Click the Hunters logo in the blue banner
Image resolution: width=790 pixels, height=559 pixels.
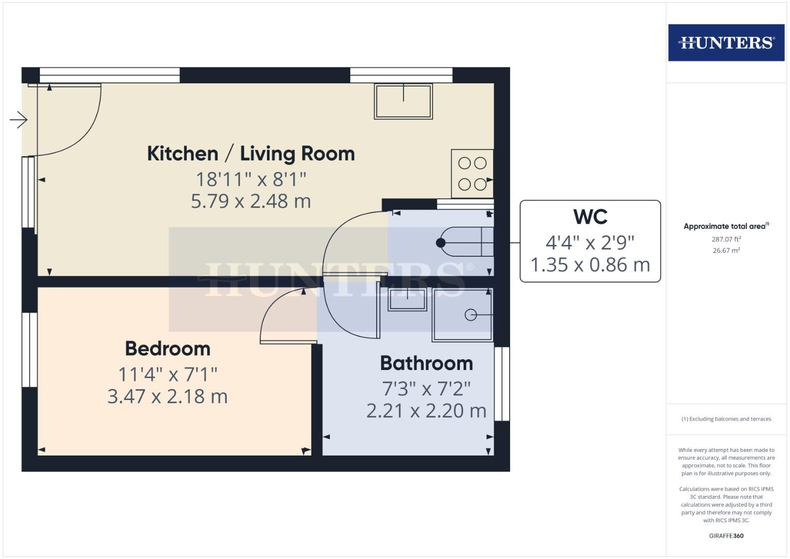click(x=726, y=42)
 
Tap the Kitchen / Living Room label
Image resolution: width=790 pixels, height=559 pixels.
click(x=251, y=154)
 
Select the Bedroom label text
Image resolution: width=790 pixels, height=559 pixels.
click(x=168, y=349)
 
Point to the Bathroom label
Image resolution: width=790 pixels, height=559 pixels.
click(x=426, y=363)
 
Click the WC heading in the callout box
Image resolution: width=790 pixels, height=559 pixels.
click(x=590, y=217)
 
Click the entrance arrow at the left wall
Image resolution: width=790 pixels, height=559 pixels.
click(x=19, y=120)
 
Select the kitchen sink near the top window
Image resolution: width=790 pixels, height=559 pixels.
click(x=404, y=101)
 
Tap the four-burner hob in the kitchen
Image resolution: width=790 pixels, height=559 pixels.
click(x=472, y=173)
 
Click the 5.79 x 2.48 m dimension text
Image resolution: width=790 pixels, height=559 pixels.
click(x=251, y=201)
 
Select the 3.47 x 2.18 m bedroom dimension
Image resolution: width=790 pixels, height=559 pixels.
click(x=168, y=396)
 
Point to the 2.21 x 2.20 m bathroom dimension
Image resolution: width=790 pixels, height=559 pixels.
click(x=426, y=411)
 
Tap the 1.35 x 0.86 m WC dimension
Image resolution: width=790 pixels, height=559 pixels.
click(x=590, y=265)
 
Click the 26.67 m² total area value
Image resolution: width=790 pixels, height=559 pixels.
click(x=726, y=251)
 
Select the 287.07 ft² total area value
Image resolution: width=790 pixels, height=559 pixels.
click(x=726, y=239)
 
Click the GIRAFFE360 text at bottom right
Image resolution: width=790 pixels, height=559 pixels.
click(x=726, y=536)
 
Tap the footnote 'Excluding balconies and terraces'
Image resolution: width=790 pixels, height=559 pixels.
click(x=726, y=419)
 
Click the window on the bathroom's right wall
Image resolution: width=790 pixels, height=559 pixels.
click(x=502, y=384)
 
